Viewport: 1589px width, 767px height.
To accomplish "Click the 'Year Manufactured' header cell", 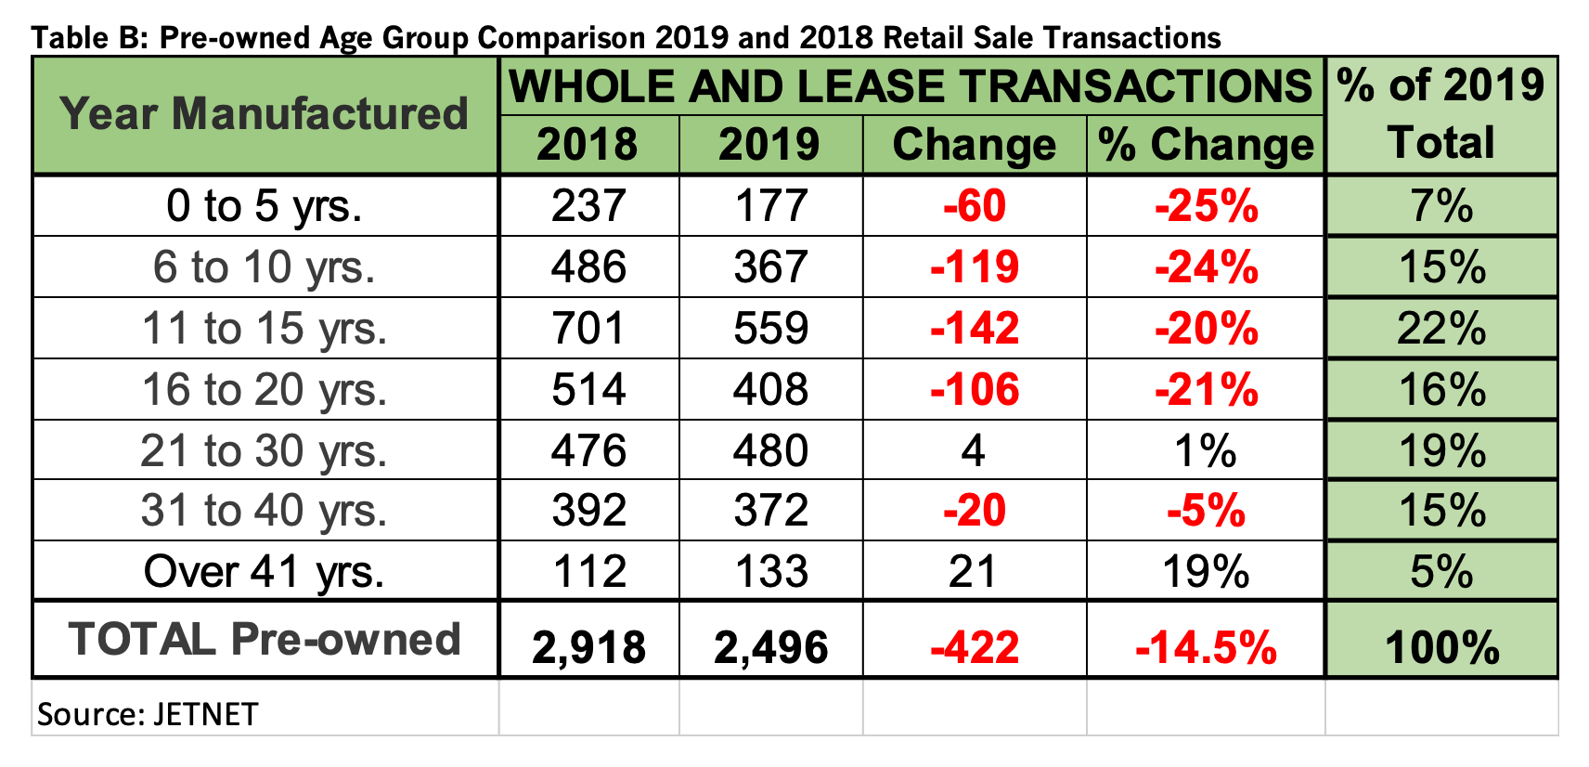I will [265, 114].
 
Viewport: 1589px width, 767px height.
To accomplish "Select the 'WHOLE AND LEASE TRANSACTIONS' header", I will [911, 86].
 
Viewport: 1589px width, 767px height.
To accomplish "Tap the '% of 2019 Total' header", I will [1440, 114].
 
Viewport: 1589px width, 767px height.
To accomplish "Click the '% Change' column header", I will [1205, 145].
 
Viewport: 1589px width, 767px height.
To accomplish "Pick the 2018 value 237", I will [588, 206].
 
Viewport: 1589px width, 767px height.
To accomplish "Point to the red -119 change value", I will [974, 267].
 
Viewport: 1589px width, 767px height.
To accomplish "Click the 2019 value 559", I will [770, 329].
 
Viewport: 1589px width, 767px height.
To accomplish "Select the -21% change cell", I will [1206, 390].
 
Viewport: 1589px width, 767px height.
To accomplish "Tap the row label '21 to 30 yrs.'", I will [265, 451].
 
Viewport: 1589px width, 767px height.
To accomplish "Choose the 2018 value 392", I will [588, 511].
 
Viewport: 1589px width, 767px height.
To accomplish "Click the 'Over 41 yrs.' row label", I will [265, 572].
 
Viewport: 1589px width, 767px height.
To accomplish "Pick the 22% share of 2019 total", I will [1440, 329].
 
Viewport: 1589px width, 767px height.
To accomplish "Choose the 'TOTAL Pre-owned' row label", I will [265, 640].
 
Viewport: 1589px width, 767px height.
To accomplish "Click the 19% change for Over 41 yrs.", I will [1206, 572].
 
